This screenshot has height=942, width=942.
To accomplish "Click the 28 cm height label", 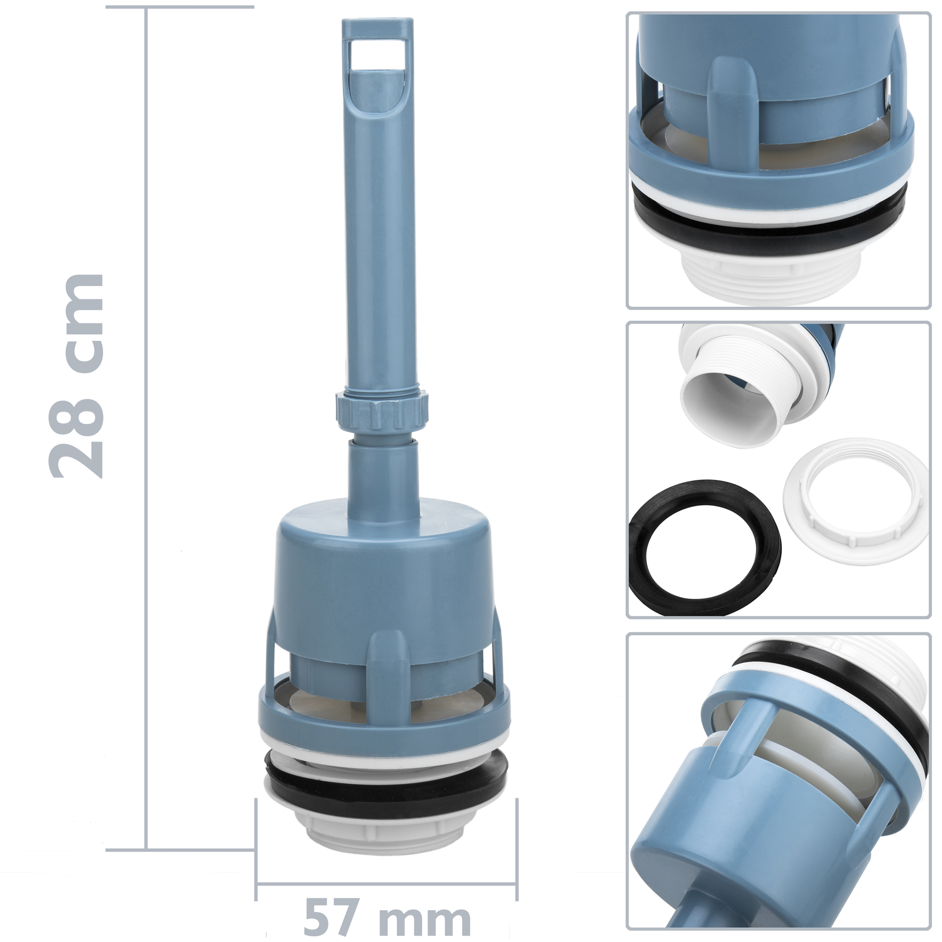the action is click(76, 376).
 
